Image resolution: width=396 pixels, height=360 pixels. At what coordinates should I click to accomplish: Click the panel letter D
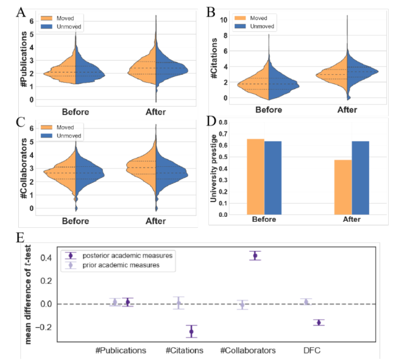(211, 119)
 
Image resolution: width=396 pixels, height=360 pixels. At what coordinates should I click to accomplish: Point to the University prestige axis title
(214, 168)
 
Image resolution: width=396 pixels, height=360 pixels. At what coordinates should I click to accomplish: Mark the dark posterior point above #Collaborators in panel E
(255, 256)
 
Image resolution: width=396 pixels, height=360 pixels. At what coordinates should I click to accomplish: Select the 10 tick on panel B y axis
(224, 19)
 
